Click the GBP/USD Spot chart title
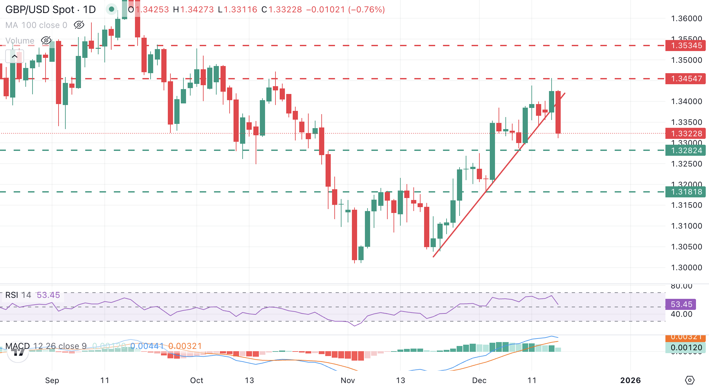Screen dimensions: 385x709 tap(50, 9)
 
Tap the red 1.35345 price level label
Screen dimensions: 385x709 tap(686, 46)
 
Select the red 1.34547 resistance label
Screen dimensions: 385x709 tap(686, 79)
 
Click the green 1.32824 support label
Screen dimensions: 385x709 tap(686, 151)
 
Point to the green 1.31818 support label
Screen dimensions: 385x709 tap(686, 192)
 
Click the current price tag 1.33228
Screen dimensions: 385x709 tap(686, 134)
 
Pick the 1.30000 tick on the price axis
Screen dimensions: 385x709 tap(686, 268)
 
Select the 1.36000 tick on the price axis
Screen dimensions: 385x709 tap(686, 19)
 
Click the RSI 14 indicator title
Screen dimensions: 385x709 tap(18, 295)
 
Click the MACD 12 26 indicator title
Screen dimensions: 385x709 tap(46, 346)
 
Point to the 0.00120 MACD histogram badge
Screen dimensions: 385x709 tap(686, 348)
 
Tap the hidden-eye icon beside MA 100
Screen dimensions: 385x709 tap(79, 25)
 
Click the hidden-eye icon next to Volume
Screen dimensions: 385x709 tap(46, 41)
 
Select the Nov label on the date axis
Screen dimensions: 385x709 tap(348, 380)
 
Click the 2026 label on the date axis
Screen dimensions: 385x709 tap(630, 380)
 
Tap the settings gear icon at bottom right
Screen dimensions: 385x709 tap(689, 380)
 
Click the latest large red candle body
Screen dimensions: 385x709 tap(558, 112)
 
